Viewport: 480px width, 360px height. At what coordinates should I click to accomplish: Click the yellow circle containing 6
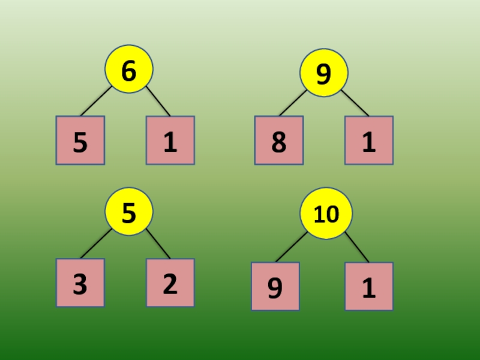(129, 69)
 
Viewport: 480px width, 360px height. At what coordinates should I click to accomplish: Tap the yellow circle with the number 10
(326, 213)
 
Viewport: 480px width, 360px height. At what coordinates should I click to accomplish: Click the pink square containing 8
(278, 140)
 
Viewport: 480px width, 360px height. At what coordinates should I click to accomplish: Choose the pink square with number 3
(80, 283)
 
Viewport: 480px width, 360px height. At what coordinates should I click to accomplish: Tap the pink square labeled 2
(170, 283)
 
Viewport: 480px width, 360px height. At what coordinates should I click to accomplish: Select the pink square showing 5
(80, 140)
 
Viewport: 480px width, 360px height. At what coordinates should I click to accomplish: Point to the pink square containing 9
(275, 286)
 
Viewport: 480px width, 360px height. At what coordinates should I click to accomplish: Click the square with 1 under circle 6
(170, 140)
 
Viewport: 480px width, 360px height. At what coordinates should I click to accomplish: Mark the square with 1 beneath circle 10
(369, 286)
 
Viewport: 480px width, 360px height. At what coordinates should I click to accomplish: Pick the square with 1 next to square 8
(369, 140)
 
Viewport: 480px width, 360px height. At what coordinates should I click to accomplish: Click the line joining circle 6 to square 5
(96, 101)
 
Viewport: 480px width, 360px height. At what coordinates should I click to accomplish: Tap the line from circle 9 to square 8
(293, 103)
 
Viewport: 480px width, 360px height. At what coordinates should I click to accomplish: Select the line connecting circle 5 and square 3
(96, 244)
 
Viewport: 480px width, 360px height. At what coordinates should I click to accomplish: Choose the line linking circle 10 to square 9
(291, 247)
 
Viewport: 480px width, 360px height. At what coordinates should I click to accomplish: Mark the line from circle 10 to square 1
(357, 247)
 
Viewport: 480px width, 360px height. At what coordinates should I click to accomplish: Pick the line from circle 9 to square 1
(355, 103)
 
